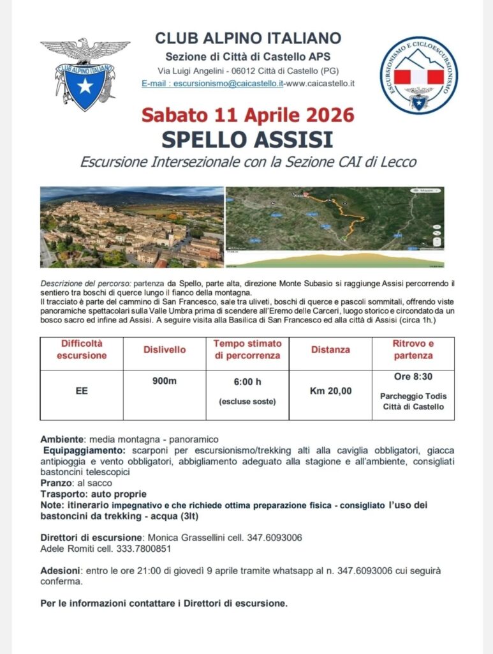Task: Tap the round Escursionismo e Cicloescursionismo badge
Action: click(x=418, y=75)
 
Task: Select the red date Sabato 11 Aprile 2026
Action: click(x=247, y=116)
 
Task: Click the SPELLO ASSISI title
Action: click(x=247, y=138)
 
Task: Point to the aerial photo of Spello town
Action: click(x=132, y=227)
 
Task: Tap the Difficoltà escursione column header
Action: click(x=82, y=349)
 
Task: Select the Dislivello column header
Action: click(x=165, y=350)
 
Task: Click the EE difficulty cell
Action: click(x=82, y=391)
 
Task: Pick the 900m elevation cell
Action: click(x=165, y=381)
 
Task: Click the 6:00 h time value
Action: click(x=247, y=382)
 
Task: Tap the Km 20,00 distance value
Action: click(x=330, y=391)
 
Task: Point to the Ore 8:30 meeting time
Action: click(x=413, y=377)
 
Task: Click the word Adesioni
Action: click(x=61, y=570)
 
